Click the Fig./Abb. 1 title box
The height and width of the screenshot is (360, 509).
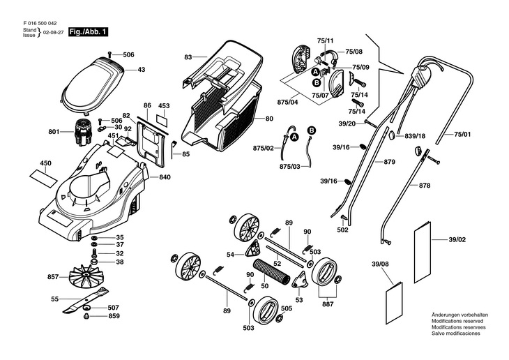[89, 32]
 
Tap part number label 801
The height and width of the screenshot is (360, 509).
[54, 132]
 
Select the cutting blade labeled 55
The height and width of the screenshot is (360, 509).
[86, 299]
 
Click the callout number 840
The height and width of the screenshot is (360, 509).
[165, 177]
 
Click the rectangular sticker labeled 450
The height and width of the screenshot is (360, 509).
[44, 178]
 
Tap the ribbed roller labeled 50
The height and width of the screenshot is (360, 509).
[272, 271]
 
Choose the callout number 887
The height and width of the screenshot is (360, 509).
[328, 304]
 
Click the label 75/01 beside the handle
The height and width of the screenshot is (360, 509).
[462, 134]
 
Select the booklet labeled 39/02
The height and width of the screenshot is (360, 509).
[423, 252]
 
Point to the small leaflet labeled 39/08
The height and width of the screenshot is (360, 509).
[394, 303]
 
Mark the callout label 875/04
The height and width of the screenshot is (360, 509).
[287, 102]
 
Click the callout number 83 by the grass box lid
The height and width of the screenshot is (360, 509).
[188, 57]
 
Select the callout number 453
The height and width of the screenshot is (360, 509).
[164, 105]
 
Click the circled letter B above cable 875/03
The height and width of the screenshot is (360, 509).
[311, 130]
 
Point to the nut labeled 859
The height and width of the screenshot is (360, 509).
[86, 316]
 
